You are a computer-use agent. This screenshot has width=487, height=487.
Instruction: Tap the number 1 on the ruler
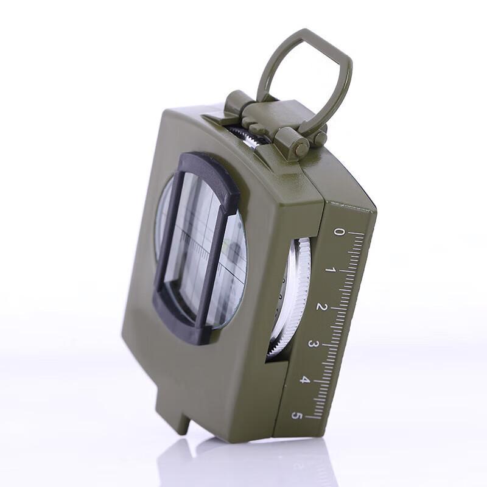coord(331,270)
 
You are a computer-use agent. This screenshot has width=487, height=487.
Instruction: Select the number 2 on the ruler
coord(322,307)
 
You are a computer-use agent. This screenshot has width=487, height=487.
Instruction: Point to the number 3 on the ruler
coord(312,344)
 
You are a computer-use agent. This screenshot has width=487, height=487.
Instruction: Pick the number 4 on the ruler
coord(304,379)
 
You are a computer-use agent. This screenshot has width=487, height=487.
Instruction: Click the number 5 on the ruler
coord(296,415)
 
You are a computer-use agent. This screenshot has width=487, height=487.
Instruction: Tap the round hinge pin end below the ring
coord(301,148)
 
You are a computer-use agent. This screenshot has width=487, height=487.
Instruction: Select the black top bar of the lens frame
coord(211,175)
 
